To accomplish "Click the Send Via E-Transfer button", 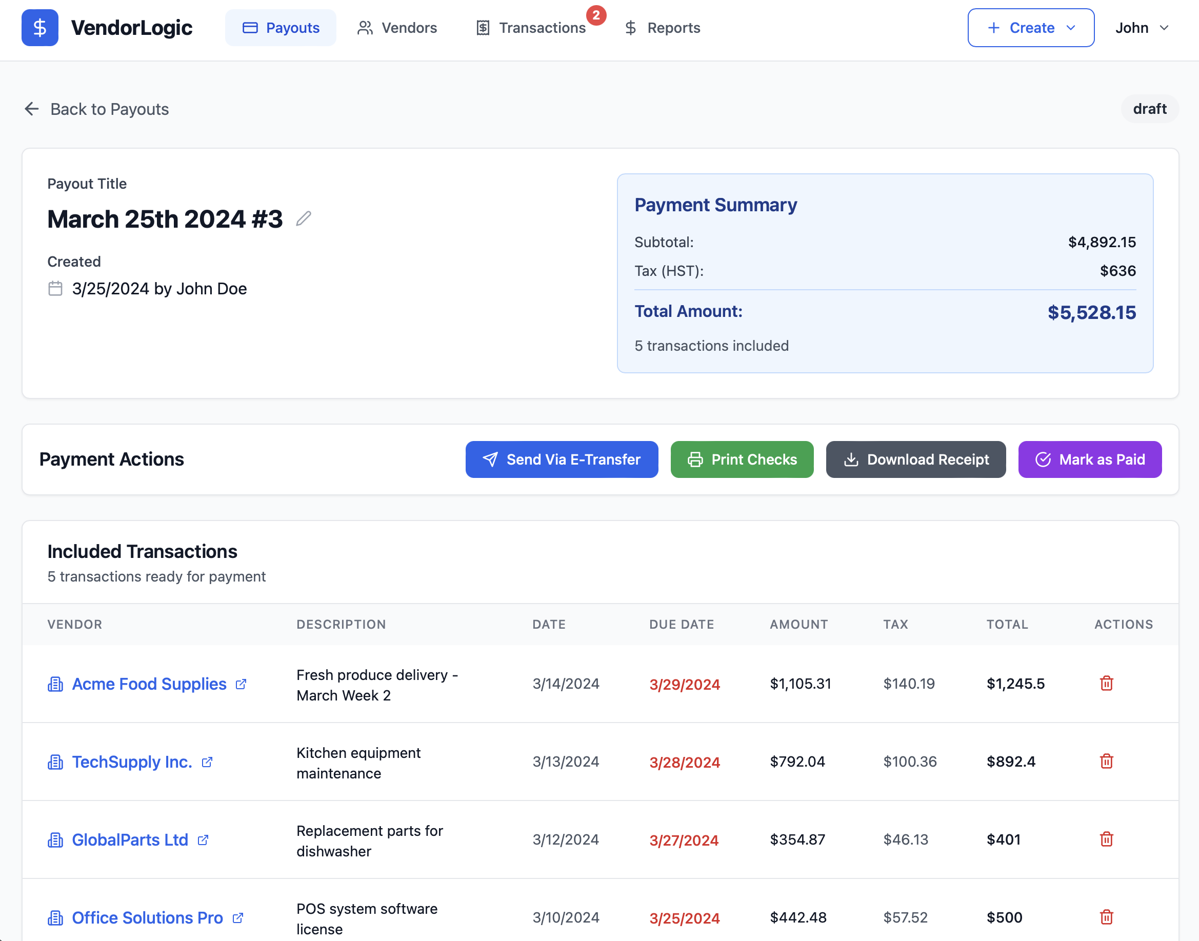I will click(x=561, y=459).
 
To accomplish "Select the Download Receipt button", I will click(x=915, y=459).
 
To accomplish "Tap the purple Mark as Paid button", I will click(x=1089, y=459).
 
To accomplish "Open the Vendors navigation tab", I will click(x=397, y=28).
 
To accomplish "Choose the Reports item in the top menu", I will click(x=662, y=28).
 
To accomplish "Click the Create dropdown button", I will click(x=1030, y=28).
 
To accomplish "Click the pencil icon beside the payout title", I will click(x=304, y=219).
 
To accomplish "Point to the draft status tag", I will click(x=1149, y=109).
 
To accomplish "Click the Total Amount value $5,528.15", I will click(x=1091, y=312).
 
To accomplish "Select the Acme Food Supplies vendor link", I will click(x=149, y=684).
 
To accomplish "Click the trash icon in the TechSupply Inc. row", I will click(x=1106, y=762).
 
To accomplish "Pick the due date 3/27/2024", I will click(x=683, y=840).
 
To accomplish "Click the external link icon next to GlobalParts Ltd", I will click(x=203, y=839).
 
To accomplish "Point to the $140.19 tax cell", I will click(x=909, y=684).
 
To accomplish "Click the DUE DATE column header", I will click(x=681, y=624).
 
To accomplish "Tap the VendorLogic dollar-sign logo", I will click(x=39, y=28).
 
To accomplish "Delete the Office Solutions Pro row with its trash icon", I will click(x=1106, y=917).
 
